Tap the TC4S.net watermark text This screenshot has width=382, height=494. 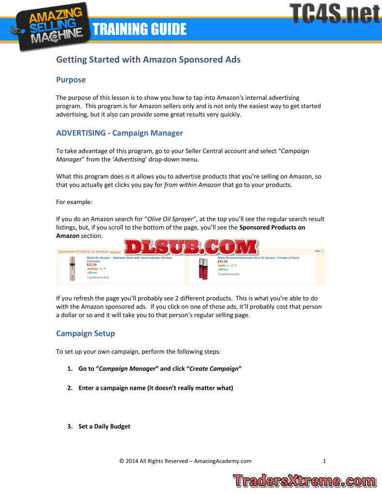[334, 13]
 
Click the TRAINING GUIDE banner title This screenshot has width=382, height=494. [140, 29]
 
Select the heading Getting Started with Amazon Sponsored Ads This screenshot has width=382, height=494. [148, 60]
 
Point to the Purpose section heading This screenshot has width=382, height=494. [71, 80]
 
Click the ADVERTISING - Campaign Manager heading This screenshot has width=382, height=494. [119, 133]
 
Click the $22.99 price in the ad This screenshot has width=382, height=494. [92, 265]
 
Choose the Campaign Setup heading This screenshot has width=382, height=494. [85, 333]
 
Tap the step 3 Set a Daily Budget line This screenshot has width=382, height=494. [104, 426]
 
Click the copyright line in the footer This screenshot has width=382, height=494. [185, 461]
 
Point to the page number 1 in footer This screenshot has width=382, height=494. [324, 461]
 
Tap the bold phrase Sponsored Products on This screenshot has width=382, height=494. [272, 227]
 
